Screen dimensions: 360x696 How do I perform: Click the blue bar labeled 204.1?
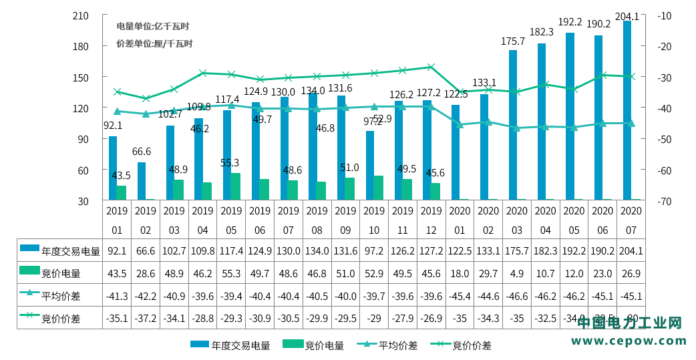point(627,110)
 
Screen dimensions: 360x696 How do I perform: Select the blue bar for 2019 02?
point(142,181)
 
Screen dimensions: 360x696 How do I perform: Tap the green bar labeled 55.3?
point(236,186)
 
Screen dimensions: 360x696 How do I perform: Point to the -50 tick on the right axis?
point(665,139)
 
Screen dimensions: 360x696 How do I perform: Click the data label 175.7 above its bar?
point(513,41)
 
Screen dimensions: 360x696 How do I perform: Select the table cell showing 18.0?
point(460,273)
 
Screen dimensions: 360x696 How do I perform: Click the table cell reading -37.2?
point(146,319)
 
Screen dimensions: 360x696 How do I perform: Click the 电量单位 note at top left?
point(153,27)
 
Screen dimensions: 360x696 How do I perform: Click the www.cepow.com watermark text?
point(629,341)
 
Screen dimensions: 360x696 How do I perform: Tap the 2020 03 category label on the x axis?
point(517,220)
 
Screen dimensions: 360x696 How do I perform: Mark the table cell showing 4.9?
point(517,273)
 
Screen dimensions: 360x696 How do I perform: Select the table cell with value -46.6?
point(517,296)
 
